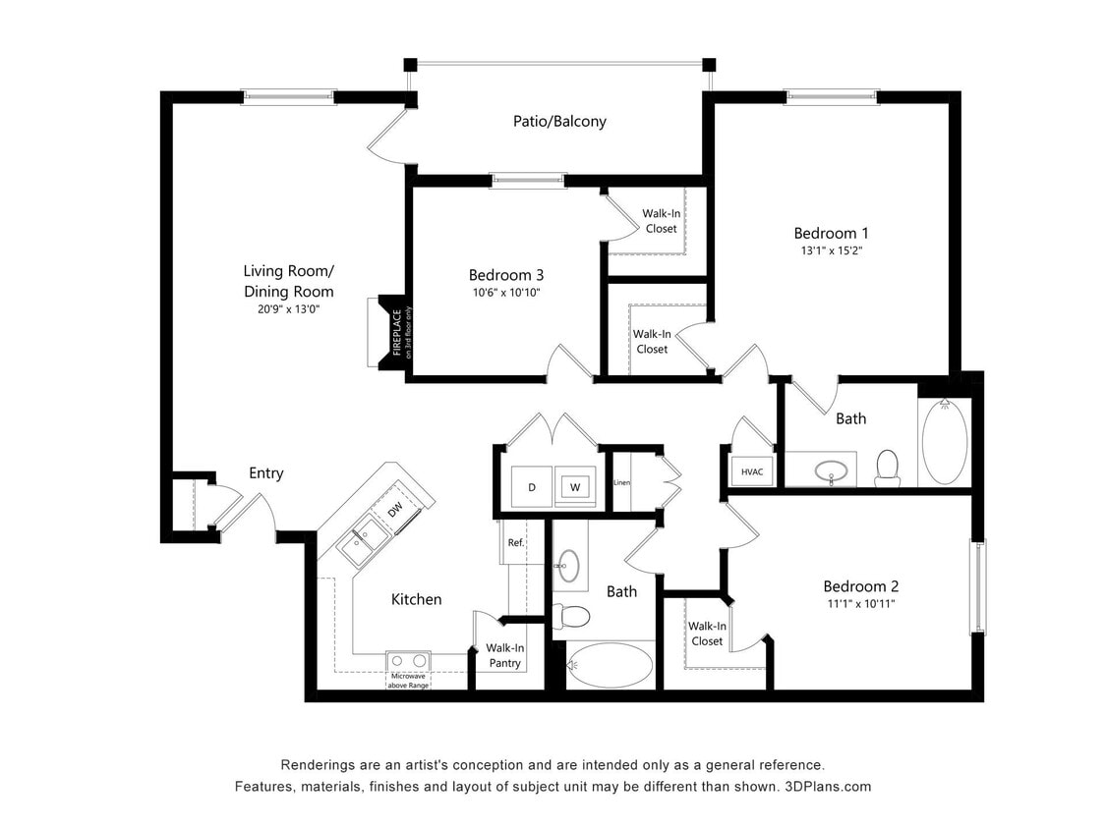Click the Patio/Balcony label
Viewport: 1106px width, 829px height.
(559, 122)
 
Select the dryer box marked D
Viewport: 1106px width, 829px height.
(532, 487)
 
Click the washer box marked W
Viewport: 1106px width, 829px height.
(574, 487)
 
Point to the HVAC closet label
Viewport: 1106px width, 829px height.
(752, 472)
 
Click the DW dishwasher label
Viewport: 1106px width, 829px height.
(394, 509)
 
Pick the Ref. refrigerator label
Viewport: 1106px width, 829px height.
(514, 543)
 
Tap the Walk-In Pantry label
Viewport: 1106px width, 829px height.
(505, 655)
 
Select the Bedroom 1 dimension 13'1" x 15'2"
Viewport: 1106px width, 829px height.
(831, 250)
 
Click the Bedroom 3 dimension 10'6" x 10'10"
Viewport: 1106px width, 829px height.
(505, 292)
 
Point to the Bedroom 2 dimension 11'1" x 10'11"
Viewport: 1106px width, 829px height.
(860, 603)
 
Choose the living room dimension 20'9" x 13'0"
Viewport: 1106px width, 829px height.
(288, 308)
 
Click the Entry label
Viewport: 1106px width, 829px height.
(265, 473)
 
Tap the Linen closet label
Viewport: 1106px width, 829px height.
(621, 482)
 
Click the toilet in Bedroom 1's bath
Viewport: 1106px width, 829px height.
(888, 467)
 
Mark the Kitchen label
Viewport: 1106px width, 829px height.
(416, 599)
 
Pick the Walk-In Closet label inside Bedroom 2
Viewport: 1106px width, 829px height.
(706, 634)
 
